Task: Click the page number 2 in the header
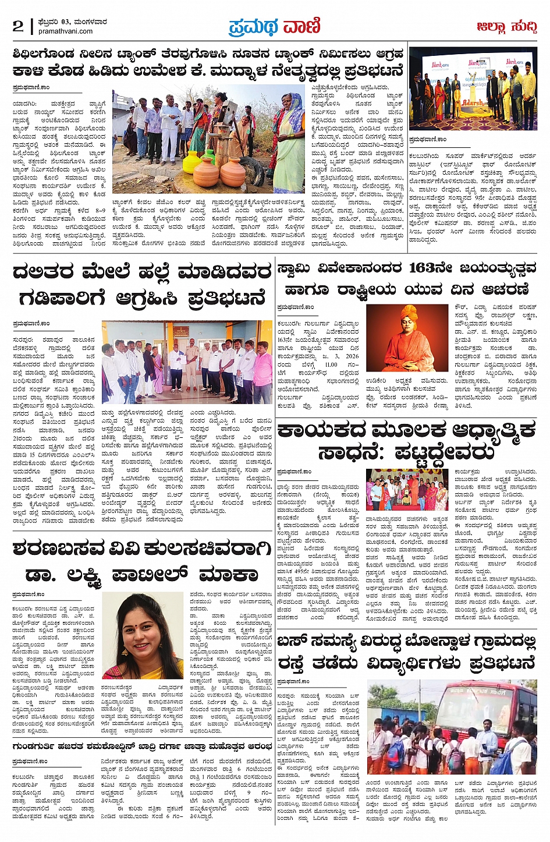pos(17,26)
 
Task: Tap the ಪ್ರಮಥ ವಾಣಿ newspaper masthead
pos(274,26)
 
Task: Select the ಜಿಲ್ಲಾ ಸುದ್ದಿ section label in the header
pos(506,26)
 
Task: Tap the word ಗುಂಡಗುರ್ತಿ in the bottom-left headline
pos(41,745)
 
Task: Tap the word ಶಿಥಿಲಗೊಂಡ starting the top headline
pos(44,54)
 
